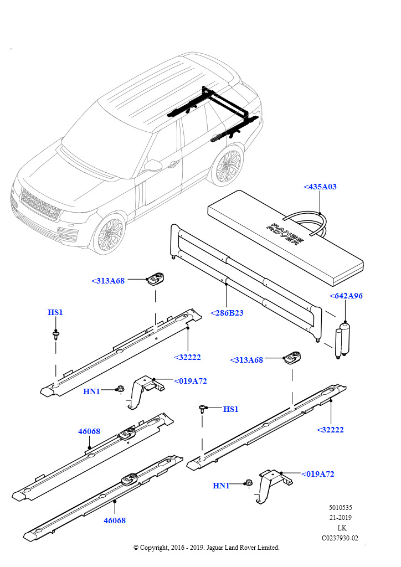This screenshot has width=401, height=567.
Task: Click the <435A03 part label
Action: (x=320, y=187)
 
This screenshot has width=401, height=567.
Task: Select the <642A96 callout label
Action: (x=346, y=296)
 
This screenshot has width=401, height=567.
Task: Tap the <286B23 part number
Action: (x=227, y=313)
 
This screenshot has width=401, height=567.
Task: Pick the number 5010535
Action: (x=341, y=507)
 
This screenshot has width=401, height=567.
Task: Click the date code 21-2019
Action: (x=341, y=518)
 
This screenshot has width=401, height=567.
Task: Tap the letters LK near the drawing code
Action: (x=341, y=528)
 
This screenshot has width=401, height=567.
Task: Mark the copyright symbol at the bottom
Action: (x=136, y=548)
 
